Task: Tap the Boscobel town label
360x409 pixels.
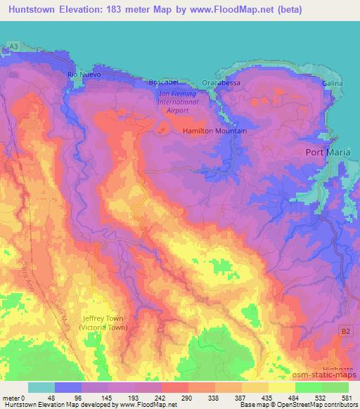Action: click(162, 82)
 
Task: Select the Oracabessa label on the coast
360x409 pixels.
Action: click(221, 82)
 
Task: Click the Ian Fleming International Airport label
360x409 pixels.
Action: click(179, 100)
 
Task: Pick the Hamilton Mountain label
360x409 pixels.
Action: click(214, 131)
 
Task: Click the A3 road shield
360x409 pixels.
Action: click(13, 46)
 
